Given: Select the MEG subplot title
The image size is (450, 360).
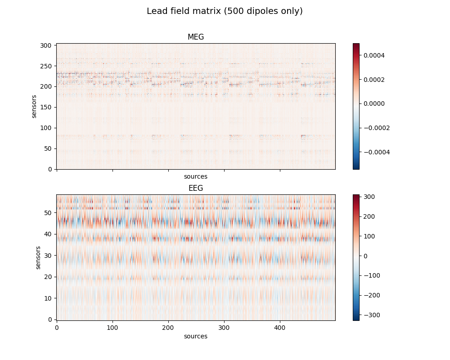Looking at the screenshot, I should point(196,37).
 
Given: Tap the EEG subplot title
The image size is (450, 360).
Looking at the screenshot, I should point(196,188).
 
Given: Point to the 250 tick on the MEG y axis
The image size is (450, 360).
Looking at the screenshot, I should point(48,66).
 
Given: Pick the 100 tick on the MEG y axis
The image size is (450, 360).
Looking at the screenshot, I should point(48,128).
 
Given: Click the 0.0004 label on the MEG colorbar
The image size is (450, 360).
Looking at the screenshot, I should point(374,55).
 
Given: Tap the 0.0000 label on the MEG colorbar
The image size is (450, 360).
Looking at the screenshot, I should point(374,103).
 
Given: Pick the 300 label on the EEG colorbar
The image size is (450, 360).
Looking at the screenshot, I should point(369,197).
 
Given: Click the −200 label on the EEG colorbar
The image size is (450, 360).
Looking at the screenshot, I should point(371,295).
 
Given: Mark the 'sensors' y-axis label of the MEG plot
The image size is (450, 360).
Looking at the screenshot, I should point(34,106).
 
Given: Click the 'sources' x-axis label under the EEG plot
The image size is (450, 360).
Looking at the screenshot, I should point(196,337).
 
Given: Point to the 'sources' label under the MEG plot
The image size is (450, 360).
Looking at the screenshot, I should point(196,177).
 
